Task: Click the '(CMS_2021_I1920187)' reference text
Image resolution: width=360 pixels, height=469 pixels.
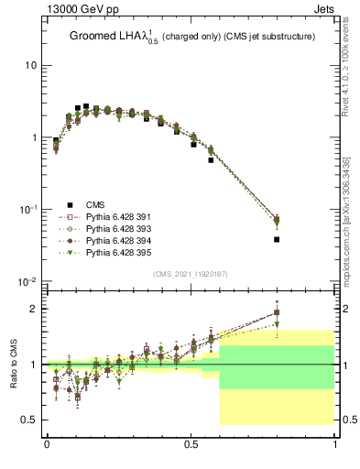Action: click(x=191, y=274)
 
